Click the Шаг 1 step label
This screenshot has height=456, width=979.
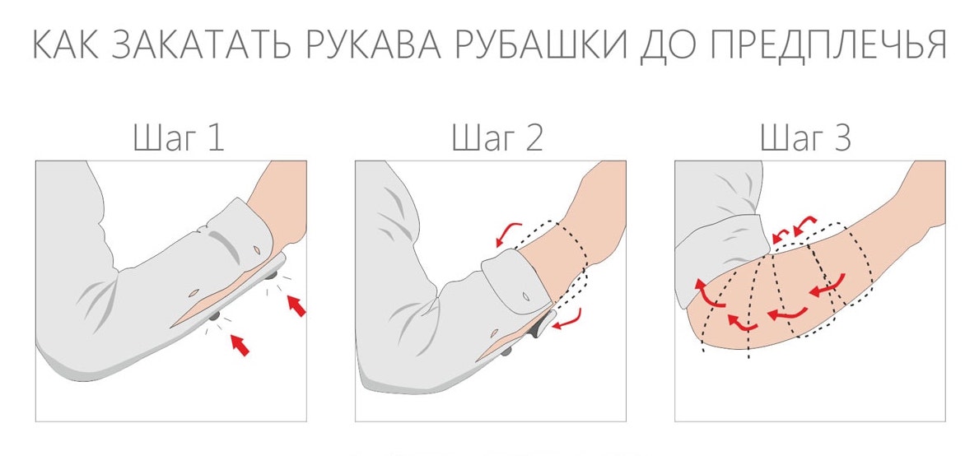coord(178,138)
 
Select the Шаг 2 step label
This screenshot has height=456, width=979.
coord(497,138)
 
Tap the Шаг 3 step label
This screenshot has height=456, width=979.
coord(805,138)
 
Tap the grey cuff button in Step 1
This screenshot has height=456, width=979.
coord(273,274)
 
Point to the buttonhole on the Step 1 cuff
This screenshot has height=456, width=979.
coord(257,249)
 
